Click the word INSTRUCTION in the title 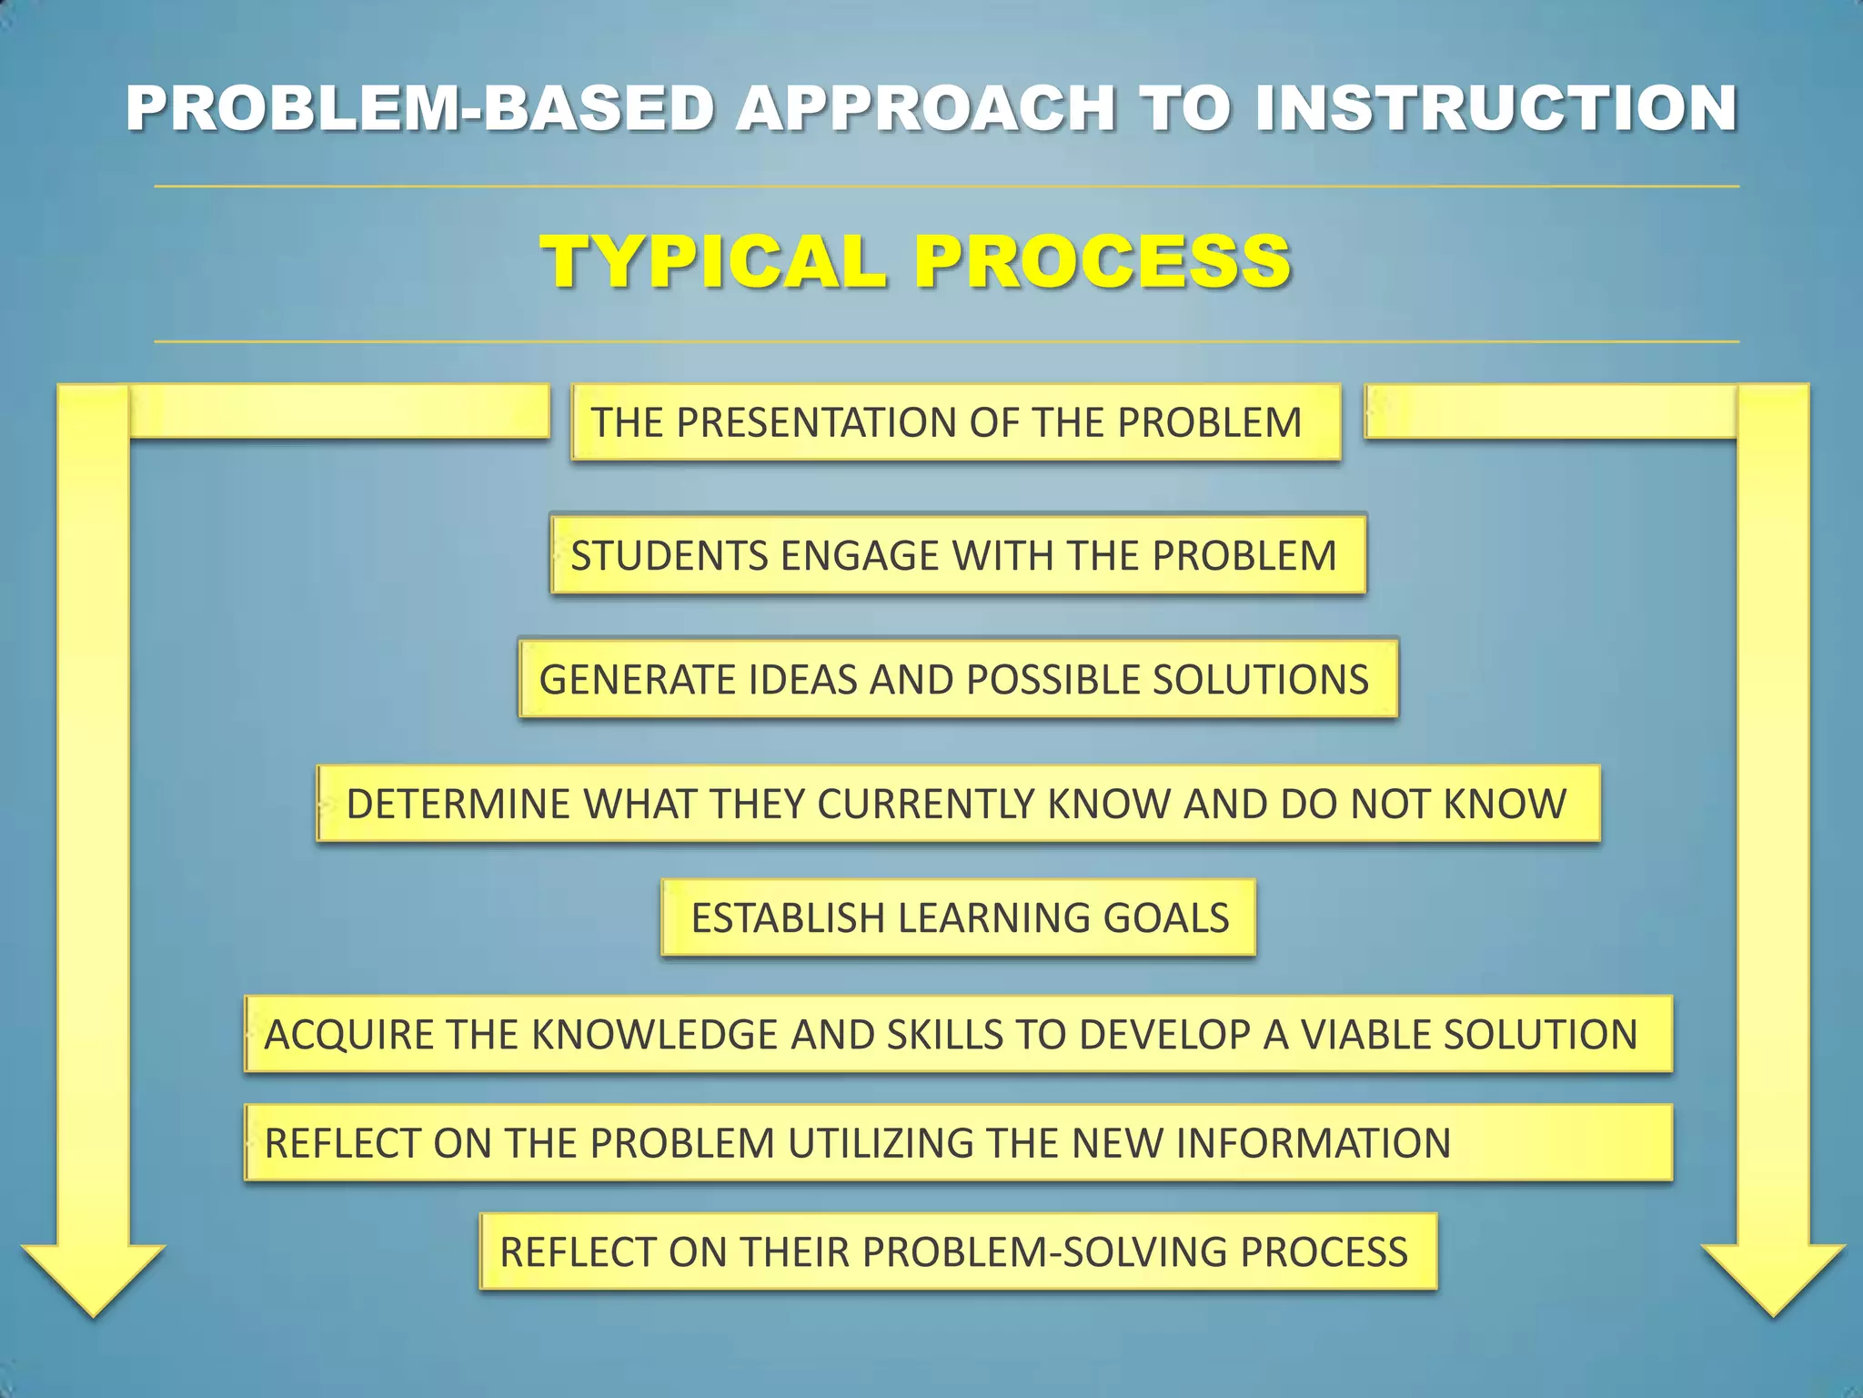(1494, 108)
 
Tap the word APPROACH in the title (925, 108)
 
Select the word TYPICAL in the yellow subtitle (714, 262)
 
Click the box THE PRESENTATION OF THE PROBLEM (955, 422)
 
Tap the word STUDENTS (670, 555)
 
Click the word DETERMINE (458, 804)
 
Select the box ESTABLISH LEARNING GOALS (959, 917)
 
